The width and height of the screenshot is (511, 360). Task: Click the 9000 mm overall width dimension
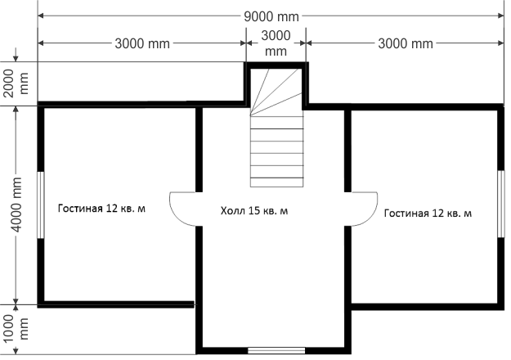(271, 16)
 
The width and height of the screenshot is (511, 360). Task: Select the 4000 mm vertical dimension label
(16, 205)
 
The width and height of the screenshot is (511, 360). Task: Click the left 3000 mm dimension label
(142, 43)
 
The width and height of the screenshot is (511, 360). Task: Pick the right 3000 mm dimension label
(406, 43)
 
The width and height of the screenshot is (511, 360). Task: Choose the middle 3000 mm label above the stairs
(276, 43)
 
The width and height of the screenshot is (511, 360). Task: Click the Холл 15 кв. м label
(254, 210)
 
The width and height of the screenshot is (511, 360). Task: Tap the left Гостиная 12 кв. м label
(101, 209)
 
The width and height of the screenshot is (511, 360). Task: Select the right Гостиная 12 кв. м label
(428, 214)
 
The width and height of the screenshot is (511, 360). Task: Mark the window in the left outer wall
(41, 205)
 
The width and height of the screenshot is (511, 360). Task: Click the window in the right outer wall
(501, 204)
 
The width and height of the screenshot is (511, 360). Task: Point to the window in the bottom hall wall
(276, 350)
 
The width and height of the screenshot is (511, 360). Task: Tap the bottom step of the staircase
(276, 182)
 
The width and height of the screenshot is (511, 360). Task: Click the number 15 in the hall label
(254, 210)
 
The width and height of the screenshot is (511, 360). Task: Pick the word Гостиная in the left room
(80, 209)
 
